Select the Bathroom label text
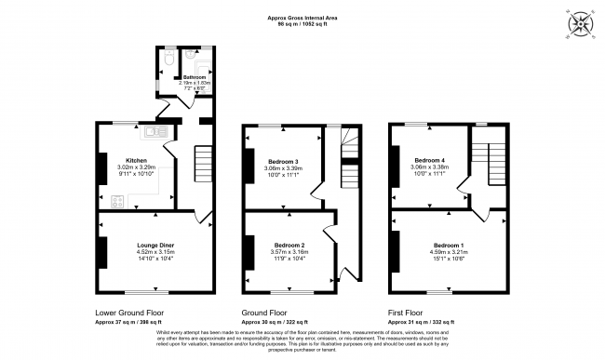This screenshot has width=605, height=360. point(195,77)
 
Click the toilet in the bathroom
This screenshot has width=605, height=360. point(166,59)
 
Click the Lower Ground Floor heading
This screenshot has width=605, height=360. point(130,313)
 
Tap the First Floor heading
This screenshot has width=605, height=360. point(407,313)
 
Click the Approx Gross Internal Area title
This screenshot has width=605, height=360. point(302,17)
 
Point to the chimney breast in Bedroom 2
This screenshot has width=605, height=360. point(249,252)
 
